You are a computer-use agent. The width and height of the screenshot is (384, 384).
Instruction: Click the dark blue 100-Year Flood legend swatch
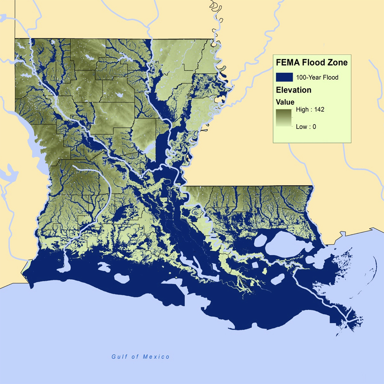284,77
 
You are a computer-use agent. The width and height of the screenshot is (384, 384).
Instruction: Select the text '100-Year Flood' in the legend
317,77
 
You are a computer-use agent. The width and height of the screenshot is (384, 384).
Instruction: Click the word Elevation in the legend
293,90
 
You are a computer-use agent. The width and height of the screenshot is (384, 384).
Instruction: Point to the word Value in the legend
285,102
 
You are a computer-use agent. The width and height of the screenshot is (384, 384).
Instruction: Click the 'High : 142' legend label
310,109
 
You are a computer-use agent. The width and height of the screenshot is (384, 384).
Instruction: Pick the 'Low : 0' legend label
306,127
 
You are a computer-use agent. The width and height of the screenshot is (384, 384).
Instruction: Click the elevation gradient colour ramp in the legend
284,118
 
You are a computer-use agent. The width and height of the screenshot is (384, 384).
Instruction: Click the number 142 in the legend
319,109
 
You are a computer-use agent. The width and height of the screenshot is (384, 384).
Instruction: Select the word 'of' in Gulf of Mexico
134,356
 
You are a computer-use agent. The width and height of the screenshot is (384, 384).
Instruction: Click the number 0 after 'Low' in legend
314,127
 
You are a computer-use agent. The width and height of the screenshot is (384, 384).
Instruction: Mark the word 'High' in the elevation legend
302,109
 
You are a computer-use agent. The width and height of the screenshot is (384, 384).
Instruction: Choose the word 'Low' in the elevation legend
301,127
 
